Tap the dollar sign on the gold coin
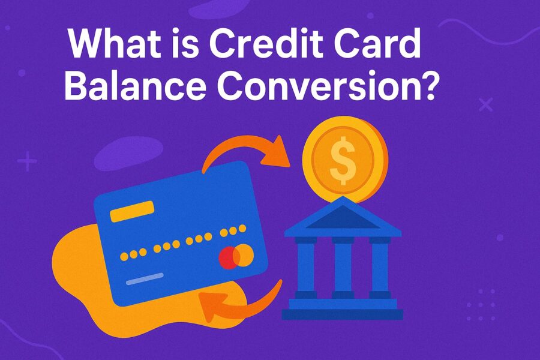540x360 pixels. click(x=343, y=161)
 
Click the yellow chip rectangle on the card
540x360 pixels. click(x=132, y=211)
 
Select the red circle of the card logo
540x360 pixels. click(x=229, y=257)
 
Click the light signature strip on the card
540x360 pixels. click(x=145, y=279)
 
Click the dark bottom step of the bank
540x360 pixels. click(x=343, y=314)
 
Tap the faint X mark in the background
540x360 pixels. click(x=486, y=104)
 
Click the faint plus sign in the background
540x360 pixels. click(x=27, y=161)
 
